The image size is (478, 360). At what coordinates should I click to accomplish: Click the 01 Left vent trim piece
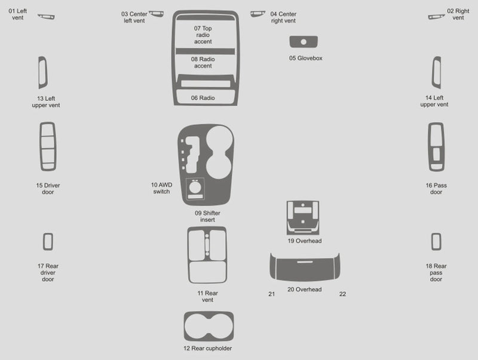click(45, 16)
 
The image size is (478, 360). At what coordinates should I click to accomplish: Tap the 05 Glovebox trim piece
click(304, 42)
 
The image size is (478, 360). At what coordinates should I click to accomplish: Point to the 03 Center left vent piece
click(156, 14)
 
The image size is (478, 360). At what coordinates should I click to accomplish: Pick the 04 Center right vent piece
click(257, 14)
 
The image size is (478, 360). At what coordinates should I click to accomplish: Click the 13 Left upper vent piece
click(43, 73)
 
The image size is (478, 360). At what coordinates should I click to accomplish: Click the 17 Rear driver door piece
click(48, 241)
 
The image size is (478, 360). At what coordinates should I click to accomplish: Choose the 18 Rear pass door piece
click(436, 241)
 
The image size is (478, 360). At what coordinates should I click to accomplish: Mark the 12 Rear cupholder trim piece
click(208, 327)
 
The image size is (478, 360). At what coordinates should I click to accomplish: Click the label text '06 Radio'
click(203, 97)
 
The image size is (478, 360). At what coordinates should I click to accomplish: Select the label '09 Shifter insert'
click(204, 216)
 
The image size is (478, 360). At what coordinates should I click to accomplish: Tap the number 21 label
click(272, 294)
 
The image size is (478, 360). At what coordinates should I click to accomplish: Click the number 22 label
click(342, 294)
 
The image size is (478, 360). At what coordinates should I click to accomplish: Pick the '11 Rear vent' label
click(207, 296)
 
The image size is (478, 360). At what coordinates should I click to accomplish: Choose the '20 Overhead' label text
click(304, 290)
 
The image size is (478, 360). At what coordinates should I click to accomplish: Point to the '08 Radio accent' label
click(203, 63)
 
